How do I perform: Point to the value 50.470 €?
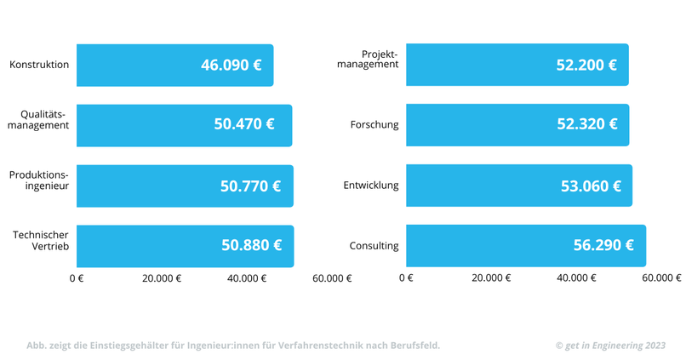[x=244, y=125]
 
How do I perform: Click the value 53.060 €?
[x=591, y=186]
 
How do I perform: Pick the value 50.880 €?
[x=251, y=246]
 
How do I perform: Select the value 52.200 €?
[x=586, y=66]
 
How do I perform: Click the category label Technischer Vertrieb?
[x=41, y=241]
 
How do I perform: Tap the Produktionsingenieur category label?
[x=39, y=180]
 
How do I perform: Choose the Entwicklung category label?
[x=371, y=186]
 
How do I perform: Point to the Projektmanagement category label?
[x=368, y=60]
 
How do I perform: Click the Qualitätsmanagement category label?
[x=38, y=120]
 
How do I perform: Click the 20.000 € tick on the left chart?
[x=161, y=278]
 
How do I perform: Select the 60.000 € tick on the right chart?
[x=661, y=278]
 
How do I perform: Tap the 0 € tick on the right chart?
[x=406, y=278]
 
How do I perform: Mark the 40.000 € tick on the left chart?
[x=246, y=278]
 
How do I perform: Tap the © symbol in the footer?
[x=559, y=346]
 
